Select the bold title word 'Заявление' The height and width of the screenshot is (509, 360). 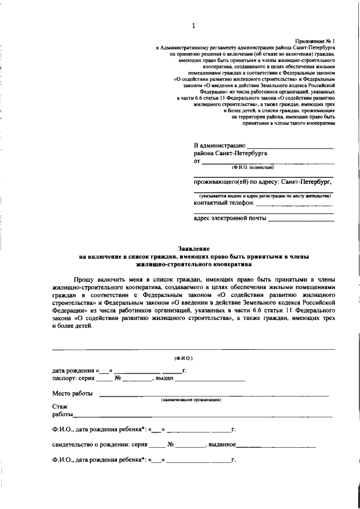pos(193,248)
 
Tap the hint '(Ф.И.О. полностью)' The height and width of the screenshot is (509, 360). pos(250,167)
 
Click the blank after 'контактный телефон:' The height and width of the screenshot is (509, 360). pos(295,202)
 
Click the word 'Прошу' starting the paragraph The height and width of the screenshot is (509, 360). pos(84,278)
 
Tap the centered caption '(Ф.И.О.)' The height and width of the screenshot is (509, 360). pos(183,358)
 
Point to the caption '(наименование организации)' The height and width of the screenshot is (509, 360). pos(191,400)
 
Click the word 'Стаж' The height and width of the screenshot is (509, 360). pos(60,406)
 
